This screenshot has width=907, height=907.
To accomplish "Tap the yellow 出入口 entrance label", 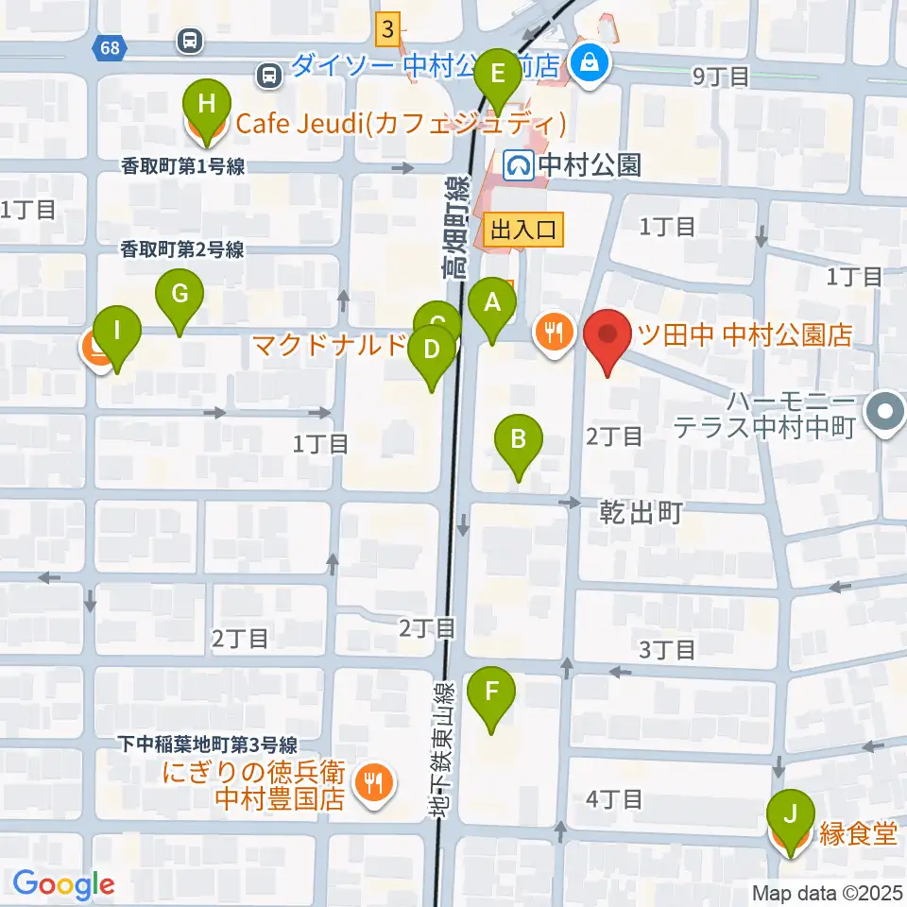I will [523, 228].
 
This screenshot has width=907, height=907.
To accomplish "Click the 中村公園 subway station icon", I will [518, 166].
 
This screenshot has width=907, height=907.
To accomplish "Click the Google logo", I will [63, 883].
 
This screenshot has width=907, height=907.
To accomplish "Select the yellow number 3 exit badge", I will [387, 28].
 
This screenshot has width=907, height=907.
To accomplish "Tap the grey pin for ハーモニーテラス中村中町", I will [887, 410].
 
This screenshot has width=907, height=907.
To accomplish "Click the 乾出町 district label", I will [641, 513].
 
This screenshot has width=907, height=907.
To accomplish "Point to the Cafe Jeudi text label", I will [401, 123].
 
